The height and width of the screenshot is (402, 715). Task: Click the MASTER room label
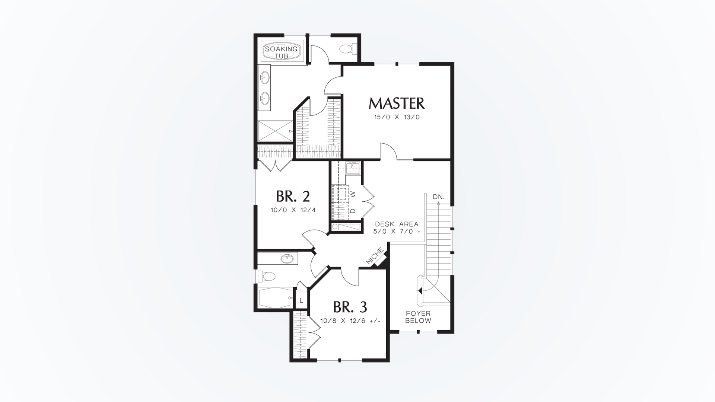click(396, 103)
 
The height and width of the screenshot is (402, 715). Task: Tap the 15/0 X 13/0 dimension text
click(397, 117)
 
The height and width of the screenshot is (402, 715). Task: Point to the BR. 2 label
click(293, 196)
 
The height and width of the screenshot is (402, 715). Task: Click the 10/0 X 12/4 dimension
click(293, 210)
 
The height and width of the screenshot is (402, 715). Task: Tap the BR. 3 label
click(350, 307)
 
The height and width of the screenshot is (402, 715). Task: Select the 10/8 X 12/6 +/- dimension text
click(350, 320)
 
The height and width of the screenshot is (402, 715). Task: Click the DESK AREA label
click(397, 224)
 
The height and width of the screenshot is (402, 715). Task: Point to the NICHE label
click(375, 256)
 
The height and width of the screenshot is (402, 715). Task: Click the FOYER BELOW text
click(418, 317)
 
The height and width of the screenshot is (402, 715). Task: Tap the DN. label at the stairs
click(438, 197)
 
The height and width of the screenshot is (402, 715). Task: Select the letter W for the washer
click(353, 194)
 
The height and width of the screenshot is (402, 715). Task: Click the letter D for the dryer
click(353, 211)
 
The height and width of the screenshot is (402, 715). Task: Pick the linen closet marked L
click(301, 300)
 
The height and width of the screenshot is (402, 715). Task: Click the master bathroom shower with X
click(275, 131)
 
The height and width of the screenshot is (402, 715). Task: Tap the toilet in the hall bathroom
click(267, 276)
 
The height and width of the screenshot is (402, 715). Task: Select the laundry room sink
click(352, 169)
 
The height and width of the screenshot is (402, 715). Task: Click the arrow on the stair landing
click(420, 290)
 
